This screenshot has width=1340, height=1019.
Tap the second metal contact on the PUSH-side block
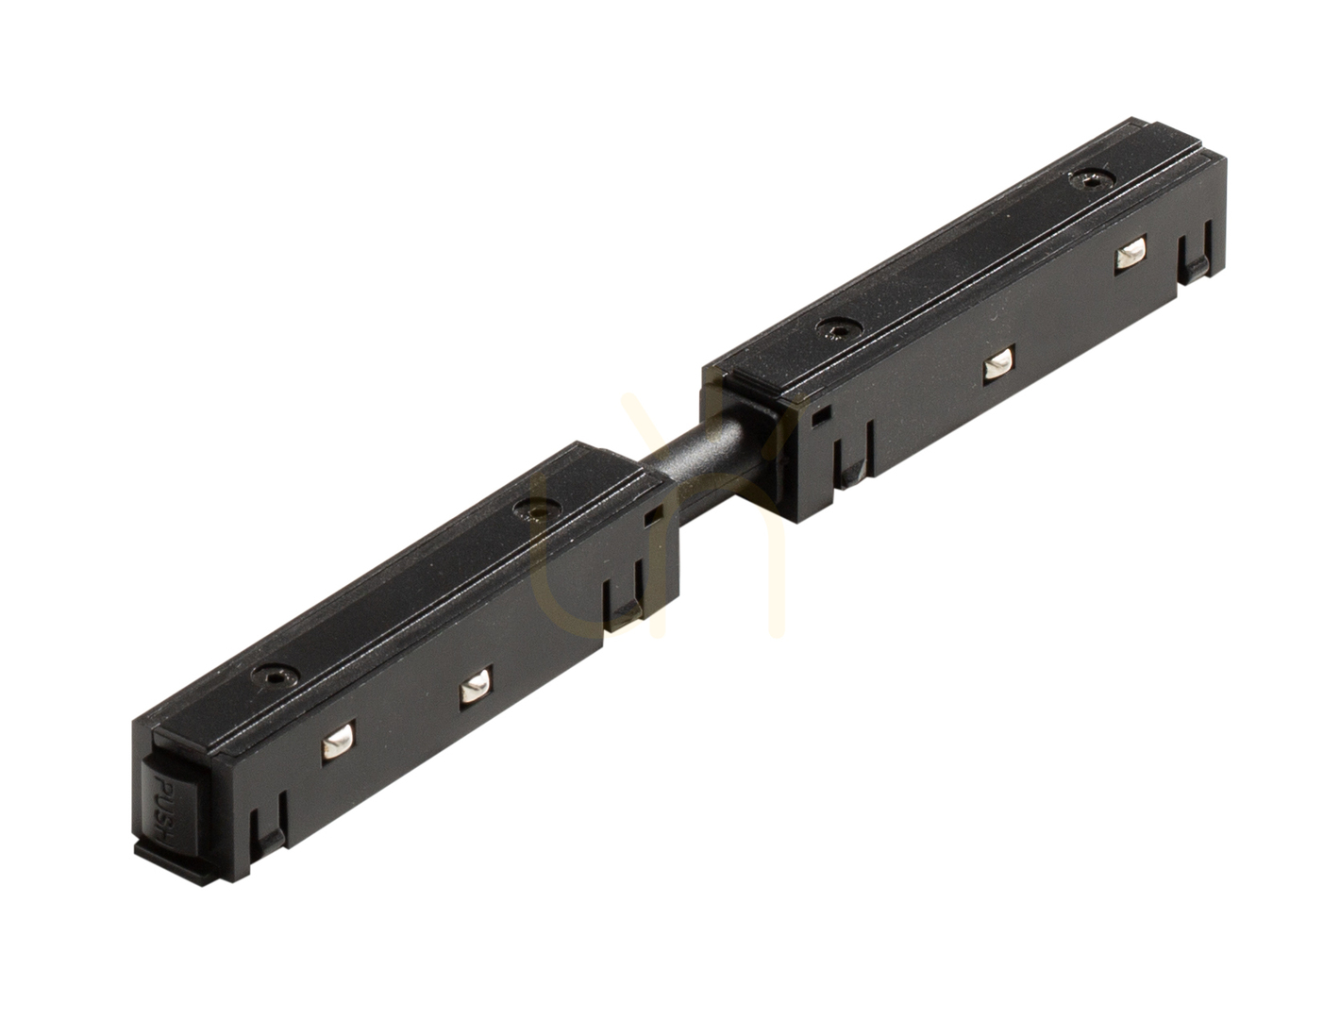477,688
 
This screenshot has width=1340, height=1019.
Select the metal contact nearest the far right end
1130,255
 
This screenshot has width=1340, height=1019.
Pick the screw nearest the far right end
1092,178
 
